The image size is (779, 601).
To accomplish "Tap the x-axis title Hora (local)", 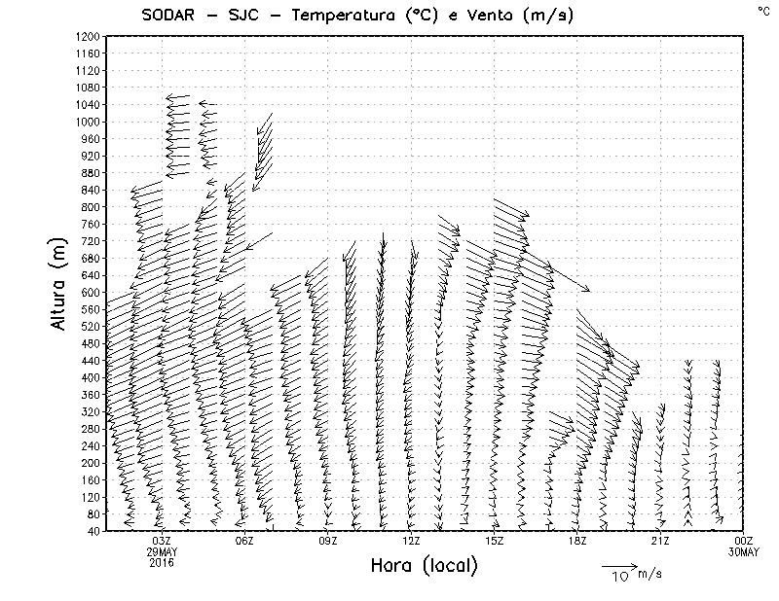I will [424, 565].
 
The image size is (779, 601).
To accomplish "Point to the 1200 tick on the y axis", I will [88, 36].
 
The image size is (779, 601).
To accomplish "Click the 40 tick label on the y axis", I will [93, 531].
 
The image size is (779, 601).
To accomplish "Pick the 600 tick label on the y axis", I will [91, 292].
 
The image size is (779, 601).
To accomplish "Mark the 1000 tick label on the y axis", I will [88, 122].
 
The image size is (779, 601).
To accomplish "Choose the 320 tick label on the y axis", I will [91, 411].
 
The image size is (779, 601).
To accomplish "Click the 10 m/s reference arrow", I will [618, 564].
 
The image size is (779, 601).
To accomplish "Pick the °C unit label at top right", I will [762, 10].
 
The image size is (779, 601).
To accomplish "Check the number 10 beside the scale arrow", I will [619, 576].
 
